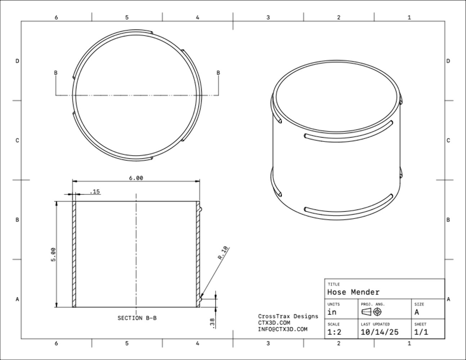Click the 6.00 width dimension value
tap(136, 178)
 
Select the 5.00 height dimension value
tap(53, 254)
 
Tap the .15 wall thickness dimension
tap(94, 192)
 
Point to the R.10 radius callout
tap(223, 252)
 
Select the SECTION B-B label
tap(137, 318)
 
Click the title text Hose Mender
tap(353, 292)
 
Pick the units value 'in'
tap(332, 312)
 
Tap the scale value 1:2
tap(334, 332)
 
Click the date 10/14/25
tap(380, 332)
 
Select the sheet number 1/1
tap(421, 332)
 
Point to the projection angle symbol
tap(371, 312)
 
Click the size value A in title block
tap(417, 312)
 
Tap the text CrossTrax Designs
tap(288, 316)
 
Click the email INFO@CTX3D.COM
tap(283, 329)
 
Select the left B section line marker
tap(55, 73)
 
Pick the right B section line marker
tap(218, 73)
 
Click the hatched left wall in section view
tap(74, 254)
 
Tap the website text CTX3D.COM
tap(274, 323)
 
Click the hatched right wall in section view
tap(198, 254)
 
